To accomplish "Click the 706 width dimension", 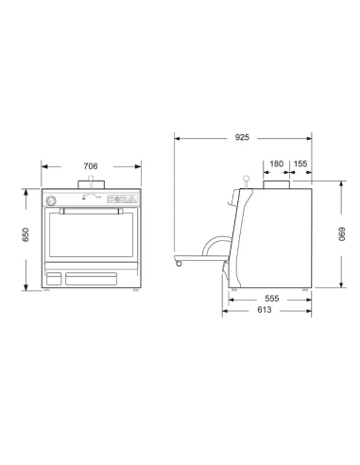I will [x=91, y=166].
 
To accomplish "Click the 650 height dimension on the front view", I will [x=26, y=237].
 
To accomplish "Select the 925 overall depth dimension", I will [x=243, y=139].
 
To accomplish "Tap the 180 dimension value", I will [x=276, y=164].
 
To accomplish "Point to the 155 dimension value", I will [x=301, y=164].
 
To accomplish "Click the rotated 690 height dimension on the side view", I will [x=344, y=237].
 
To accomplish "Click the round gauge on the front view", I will [x=53, y=200].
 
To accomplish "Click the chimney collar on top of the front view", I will [x=91, y=185].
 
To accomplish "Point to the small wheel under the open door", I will [x=179, y=263].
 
